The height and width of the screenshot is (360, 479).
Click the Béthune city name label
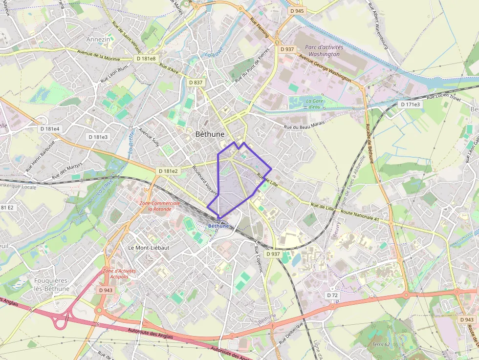210,134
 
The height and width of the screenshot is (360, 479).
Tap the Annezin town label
98,39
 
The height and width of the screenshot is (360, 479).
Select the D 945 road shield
296,11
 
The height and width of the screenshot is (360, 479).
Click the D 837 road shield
195,83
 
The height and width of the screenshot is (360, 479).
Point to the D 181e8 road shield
146,59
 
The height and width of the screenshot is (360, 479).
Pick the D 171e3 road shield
410,105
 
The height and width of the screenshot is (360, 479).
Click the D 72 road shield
332,296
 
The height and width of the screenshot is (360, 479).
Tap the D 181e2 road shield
168,171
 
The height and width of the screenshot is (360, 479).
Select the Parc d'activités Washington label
325,51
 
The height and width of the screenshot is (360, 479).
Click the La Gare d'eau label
314,104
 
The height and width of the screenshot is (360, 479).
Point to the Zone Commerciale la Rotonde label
160,206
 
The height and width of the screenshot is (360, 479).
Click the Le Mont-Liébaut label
148,248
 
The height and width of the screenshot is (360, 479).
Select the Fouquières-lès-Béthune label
52,284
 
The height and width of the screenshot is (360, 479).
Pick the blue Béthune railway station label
218,226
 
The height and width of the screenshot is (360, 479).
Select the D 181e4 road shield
50,129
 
